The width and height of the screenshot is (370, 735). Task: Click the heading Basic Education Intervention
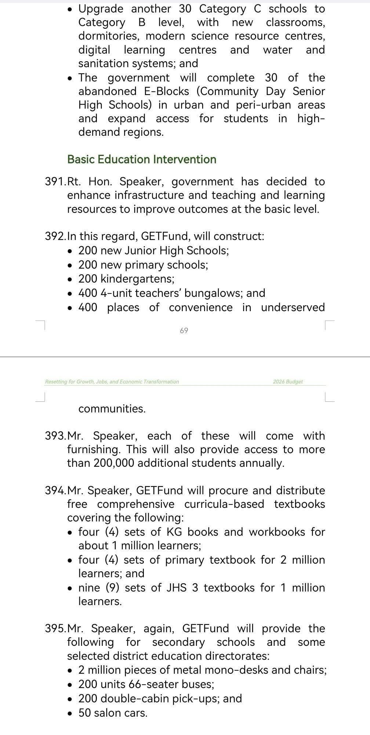click(x=142, y=159)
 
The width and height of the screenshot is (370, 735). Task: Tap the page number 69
click(x=184, y=331)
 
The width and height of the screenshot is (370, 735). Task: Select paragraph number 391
click(x=55, y=182)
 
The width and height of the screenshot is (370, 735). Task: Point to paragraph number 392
click(x=55, y=236)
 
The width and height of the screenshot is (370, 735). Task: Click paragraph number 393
click(x=55, y=436)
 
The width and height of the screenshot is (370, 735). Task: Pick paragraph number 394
click(x=55, y=491)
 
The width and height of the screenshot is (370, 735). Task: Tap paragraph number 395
click(x=55, y=629)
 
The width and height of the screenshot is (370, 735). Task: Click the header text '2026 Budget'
click(x=288, y=382)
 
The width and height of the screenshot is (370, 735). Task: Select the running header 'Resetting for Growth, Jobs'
click(x=112, y=382)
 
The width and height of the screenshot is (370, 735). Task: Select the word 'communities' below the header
click(x=111, y=409)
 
